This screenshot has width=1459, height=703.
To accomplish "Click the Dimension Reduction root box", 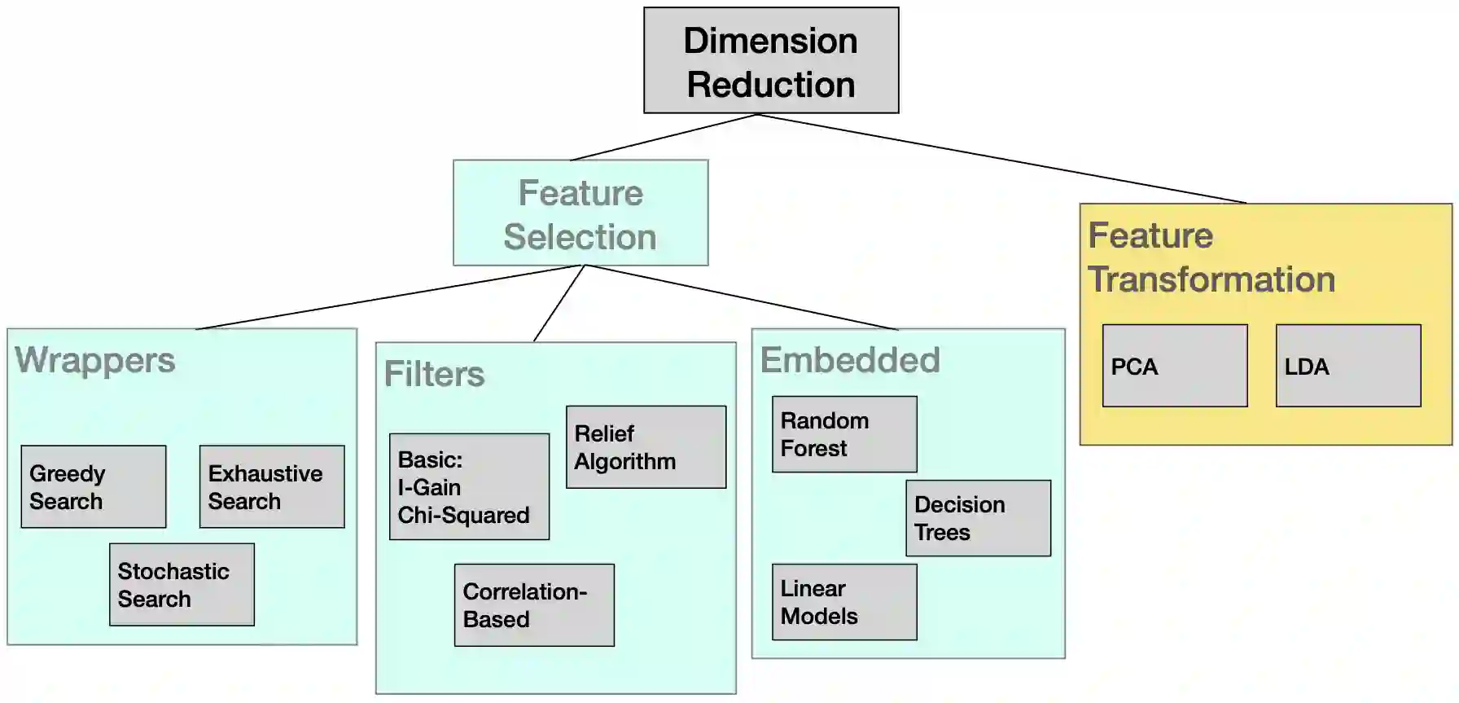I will point(771,61).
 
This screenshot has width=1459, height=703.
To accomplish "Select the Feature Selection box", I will point(581,213).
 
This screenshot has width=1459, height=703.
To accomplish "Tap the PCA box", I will point(1175,366).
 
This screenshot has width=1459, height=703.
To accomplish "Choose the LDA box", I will point(1348,366).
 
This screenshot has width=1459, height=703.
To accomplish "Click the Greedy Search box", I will point(94,487).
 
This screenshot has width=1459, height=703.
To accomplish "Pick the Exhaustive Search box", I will point(272,487).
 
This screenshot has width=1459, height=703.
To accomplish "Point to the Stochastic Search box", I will point(182,585).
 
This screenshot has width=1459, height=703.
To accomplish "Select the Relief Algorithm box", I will point(646,447).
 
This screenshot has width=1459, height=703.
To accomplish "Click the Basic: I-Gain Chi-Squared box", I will point(469,487).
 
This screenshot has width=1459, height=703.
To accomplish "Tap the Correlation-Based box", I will point(534,605).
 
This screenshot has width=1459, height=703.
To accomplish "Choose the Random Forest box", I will point(844,434).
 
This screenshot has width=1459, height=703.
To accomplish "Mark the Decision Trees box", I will point(978,518).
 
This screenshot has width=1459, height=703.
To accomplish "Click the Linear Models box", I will point(844,602).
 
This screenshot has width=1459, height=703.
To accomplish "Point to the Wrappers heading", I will point(95,360).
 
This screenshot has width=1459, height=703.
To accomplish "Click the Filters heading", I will point(434,374).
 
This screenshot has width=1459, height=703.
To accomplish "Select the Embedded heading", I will point(850,360).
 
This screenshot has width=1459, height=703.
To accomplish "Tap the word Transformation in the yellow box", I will point(1211,279).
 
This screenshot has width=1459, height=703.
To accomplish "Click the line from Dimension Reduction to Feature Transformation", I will point(1001,158).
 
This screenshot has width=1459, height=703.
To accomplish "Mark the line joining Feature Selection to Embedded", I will point(741,297).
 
